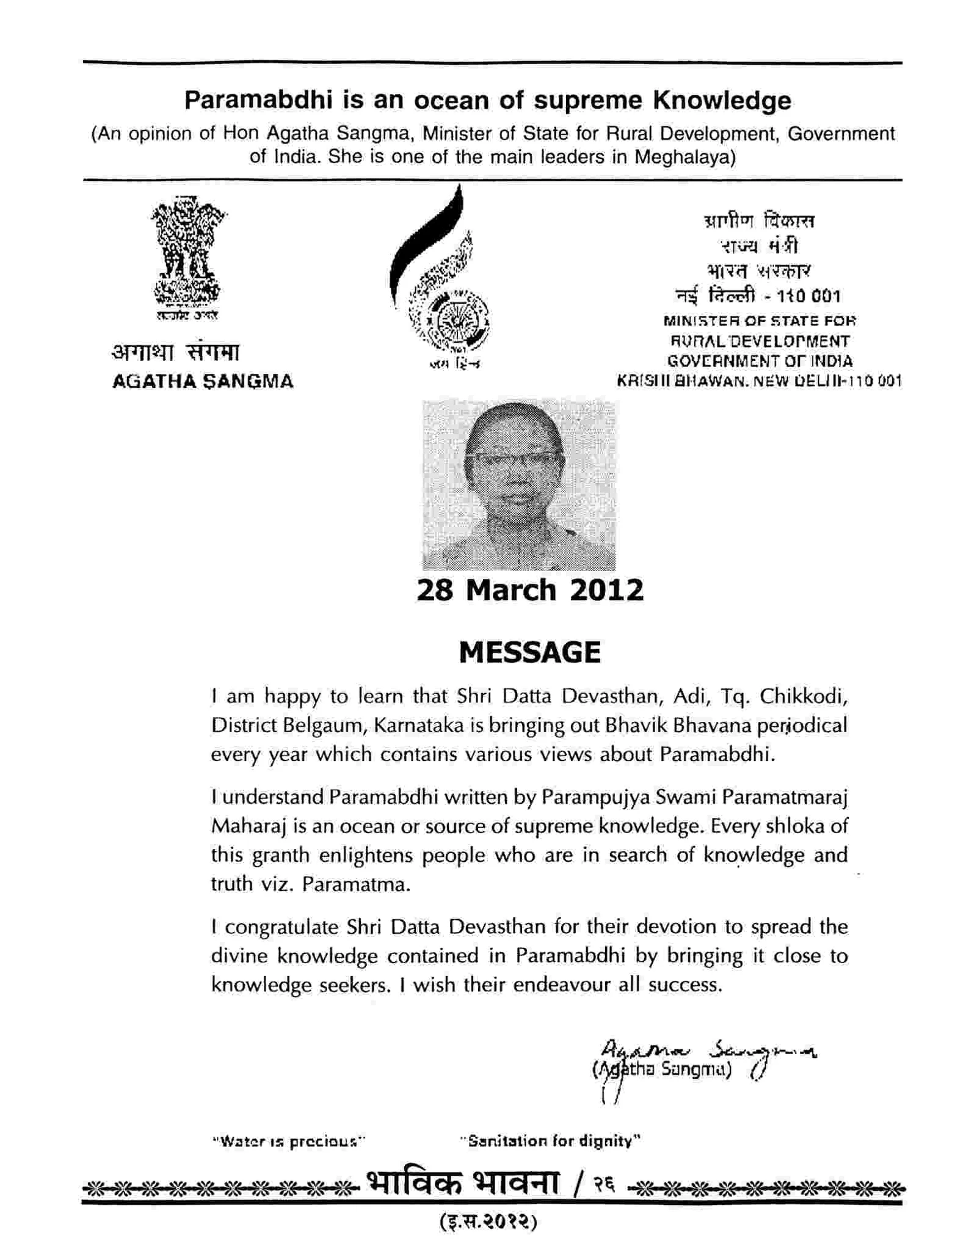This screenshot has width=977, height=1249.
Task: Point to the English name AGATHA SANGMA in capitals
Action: pyautogui.click(x=203, y=382)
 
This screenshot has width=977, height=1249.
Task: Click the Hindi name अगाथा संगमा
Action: pyautogui.click(x=176, y=352)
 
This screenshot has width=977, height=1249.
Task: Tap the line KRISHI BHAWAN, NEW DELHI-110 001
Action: pyautogui.click(x=759, y=382)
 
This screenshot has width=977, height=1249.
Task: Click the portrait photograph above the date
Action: pyautogui.click(x=518, y=484)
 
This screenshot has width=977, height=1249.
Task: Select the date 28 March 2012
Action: pyautogui.click(x=529, y=591)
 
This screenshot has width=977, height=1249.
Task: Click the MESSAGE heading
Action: pyautogui.click(x=529, y=652)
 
